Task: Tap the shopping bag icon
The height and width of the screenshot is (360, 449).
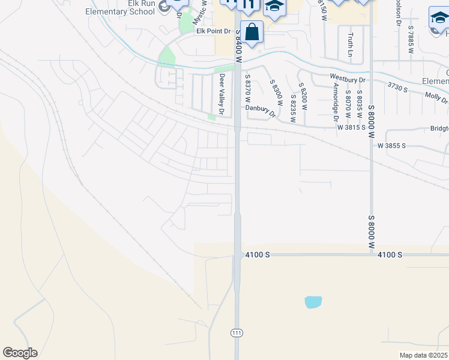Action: (x=253, y=32)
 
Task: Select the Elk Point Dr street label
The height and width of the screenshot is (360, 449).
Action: (x=213, y=31)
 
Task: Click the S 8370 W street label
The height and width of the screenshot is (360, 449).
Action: (x=247, y=89)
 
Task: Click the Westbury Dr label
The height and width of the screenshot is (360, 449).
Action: (x=348, y=78)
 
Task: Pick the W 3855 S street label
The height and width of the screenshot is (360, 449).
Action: (x=391, y=146)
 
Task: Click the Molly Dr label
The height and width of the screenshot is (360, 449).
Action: (x=436, y=96)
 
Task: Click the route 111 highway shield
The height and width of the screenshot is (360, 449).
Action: (x=237, y=332)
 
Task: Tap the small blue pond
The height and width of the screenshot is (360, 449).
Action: (x=313, y=302)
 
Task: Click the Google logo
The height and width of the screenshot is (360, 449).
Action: (x=20, y=353)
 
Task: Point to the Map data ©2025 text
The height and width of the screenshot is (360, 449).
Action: (x=423, y=355)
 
